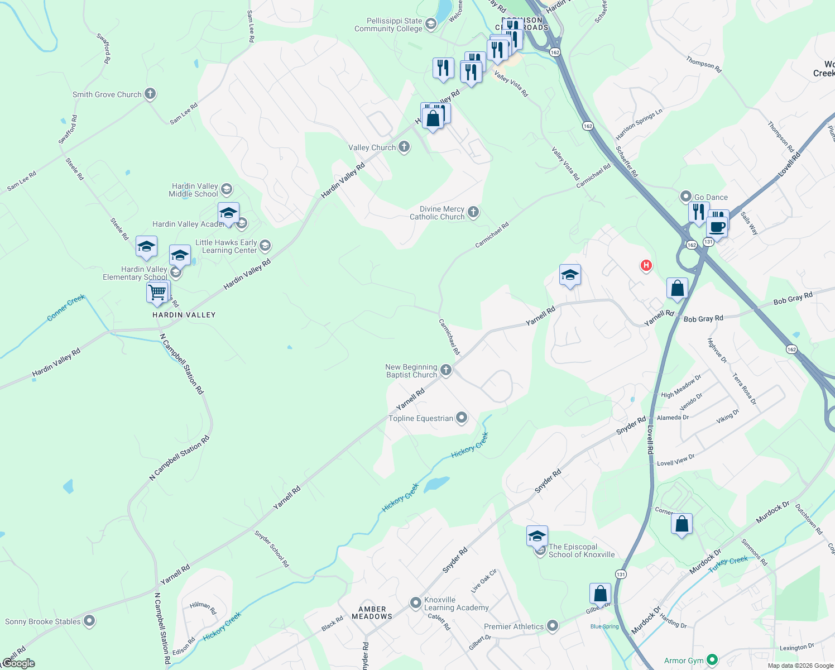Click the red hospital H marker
click(x=646, y=265)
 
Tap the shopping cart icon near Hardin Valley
click(x=158, y=292)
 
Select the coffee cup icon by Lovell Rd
click(x=717, y=228)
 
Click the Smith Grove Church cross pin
click(x=150, y=94)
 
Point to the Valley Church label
click(x=372, y=147)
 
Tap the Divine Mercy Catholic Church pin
click(x=473, y=212)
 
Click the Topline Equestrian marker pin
click(x=462, y=418)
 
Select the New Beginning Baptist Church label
click(x=411, y=371)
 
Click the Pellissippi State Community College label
click(x=388, y=25)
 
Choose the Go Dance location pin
click(x=685, y=197)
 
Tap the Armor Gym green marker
click(x=712, y=660)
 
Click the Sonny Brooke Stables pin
click(x=89, y=621)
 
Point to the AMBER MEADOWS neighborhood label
click(x=372, y=613)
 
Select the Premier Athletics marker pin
click(x=553, y=626)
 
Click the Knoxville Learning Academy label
click(x=456, y=604)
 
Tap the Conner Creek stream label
click(x=66, y=308)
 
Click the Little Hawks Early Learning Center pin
click(x=265, y=245)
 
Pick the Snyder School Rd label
click(x=272, y=549)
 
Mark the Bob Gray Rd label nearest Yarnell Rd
click(x=703, y=319)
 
